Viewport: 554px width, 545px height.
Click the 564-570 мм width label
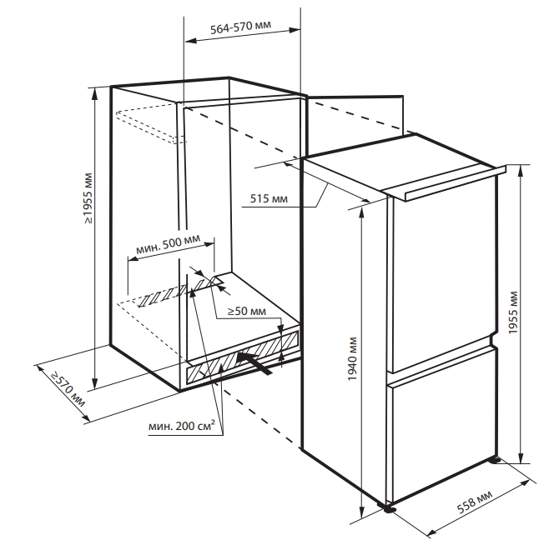point(240,27)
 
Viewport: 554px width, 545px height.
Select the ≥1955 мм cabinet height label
point(88,198)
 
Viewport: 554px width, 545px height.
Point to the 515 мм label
point(269,198)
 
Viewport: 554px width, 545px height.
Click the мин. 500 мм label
point(169,244)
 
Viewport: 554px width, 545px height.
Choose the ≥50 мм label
point(246,311)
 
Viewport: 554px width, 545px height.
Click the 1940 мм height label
point(353,358)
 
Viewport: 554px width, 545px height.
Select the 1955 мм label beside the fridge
point(513,312)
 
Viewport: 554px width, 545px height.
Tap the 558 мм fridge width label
point(475,502)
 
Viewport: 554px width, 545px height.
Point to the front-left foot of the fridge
point(388,508)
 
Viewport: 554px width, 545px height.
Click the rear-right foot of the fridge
point(495,460)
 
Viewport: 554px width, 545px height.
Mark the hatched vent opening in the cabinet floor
point(180,291)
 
